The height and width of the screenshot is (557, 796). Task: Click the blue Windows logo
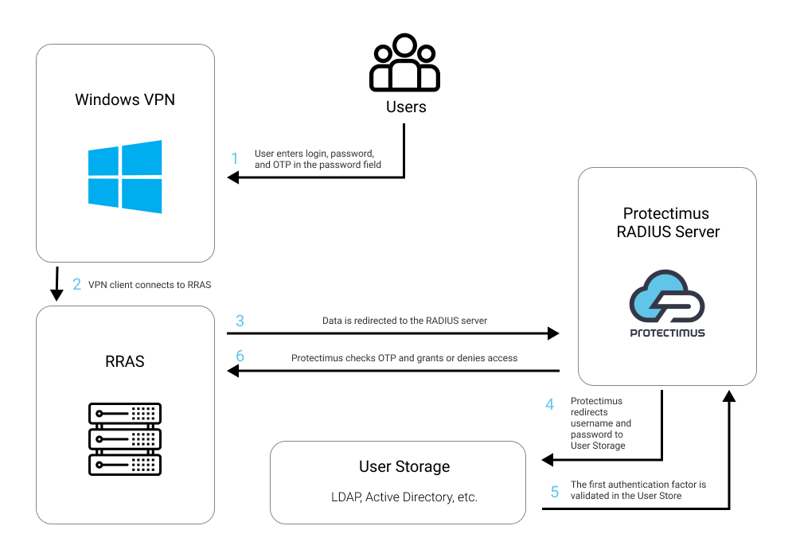pos(125,177)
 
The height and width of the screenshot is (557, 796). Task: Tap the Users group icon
pos(404,62)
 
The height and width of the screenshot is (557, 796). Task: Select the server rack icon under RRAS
pos(125,438)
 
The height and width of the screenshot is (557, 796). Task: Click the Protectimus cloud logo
pos(667,303)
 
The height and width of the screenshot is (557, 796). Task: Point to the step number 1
pos(235,159)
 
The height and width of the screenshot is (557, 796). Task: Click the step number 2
pos(76,284)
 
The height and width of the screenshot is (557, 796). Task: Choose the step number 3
pos(240,321)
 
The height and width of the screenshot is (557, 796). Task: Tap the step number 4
pos(550,404)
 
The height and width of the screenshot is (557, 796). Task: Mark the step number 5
pos(555,492)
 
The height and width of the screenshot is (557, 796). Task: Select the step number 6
pos(240,356)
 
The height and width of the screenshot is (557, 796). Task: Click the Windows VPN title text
pos(125,99)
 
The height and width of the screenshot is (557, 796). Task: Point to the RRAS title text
pos(125,361)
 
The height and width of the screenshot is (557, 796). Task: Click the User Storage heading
pos(404,467)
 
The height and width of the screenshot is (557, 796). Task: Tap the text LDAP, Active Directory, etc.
pos(404,497)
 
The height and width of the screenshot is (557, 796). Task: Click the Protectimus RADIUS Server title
pos(668,222)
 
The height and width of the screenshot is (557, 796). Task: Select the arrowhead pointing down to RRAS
pos(57,294)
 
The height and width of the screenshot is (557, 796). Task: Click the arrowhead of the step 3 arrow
pos(553,333)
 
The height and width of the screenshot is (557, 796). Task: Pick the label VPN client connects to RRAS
pos(150,285)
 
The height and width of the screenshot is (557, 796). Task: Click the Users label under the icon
pos(406,107)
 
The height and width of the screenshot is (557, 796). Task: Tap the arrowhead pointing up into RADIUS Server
pos(729,396)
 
